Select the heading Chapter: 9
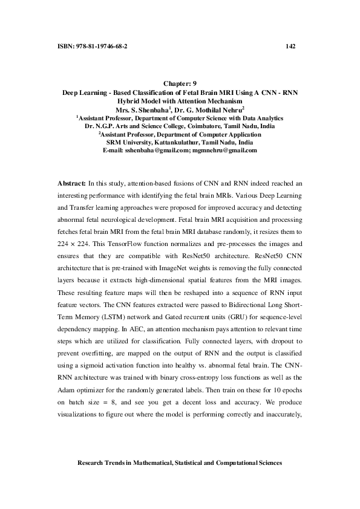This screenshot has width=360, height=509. pos(180,83)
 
